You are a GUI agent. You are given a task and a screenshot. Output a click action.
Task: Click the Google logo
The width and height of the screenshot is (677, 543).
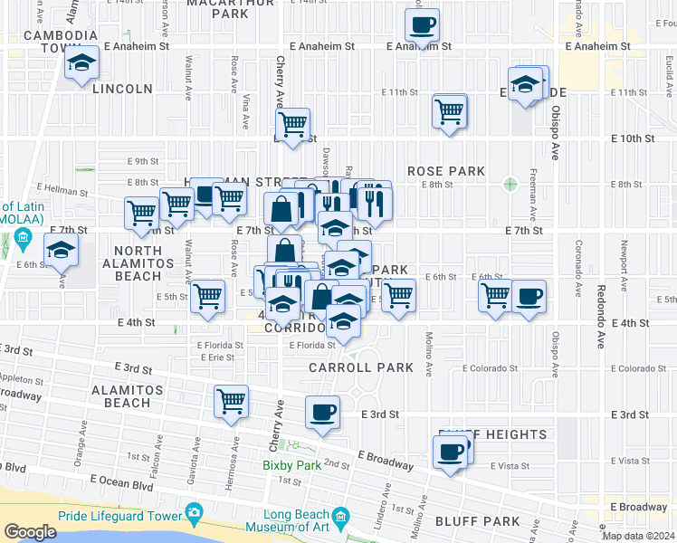click(30, 531)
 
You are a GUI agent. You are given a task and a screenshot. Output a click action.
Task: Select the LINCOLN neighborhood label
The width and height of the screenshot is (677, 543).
click(122, 89)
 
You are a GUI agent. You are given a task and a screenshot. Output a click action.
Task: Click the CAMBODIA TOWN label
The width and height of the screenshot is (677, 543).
click(60, 41)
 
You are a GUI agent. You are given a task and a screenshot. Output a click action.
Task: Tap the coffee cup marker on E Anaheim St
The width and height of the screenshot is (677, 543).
click(422, 25)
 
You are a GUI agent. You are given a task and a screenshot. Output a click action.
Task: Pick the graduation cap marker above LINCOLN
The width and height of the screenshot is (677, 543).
click(82, 64)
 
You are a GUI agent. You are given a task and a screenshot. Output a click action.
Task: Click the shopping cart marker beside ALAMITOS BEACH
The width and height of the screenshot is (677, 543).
click(231, 400)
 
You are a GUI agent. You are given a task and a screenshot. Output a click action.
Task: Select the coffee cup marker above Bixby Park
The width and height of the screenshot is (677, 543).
click(322, 413)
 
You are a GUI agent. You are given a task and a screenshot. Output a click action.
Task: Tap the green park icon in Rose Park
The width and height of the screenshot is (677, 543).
click(510, 184)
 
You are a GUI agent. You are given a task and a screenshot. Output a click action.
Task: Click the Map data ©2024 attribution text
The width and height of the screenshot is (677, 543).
click(638, 536)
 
